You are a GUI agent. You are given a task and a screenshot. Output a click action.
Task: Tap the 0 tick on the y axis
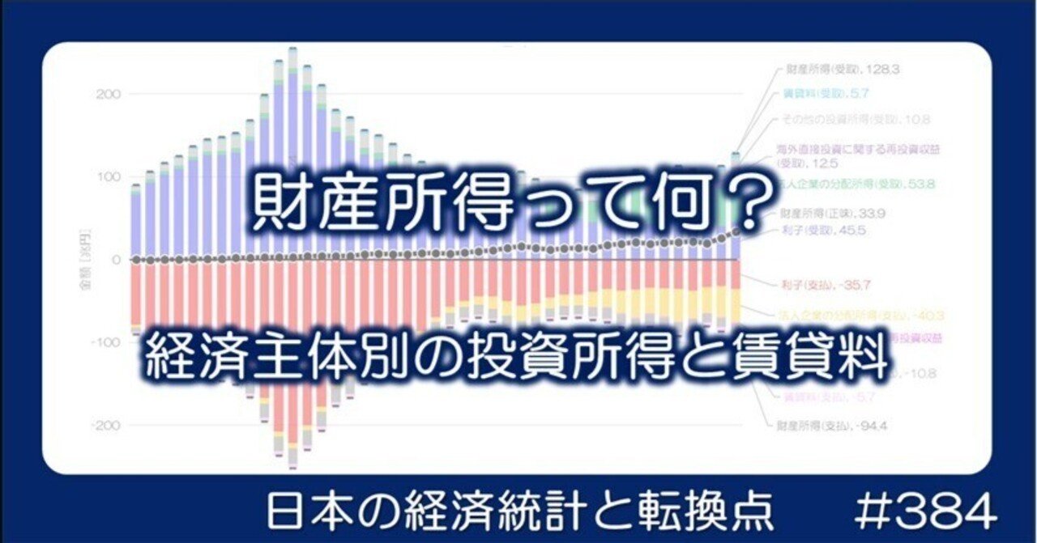[x=116, y=260]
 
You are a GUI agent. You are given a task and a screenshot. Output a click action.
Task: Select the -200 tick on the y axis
[x=107, y=425]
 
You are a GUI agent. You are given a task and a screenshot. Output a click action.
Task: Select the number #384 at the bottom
[x=925, y=513]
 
